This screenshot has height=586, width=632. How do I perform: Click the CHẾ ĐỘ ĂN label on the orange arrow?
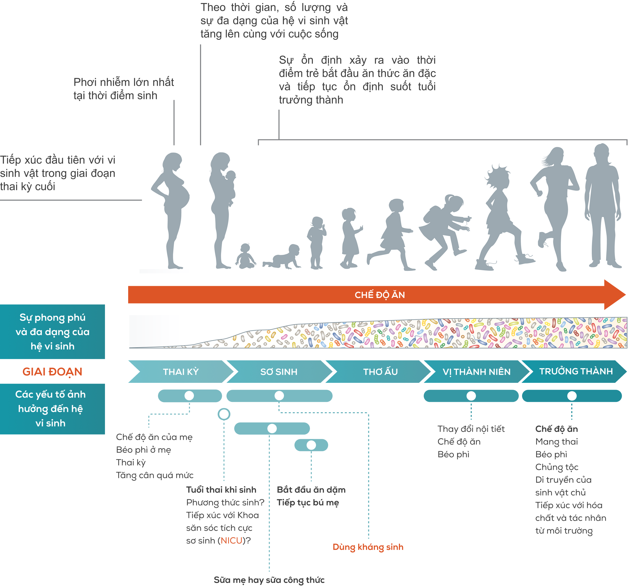pyautogui.click(x=380, y=295)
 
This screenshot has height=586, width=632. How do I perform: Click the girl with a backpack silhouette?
pyautogui.click(x=444, y=228)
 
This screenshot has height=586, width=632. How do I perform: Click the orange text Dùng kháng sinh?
pyautogui.click(x=368, y=547)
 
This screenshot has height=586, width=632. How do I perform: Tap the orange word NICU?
pyautogui.click(x=231, y=540)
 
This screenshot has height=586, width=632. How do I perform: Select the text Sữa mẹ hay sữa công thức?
pyautogui.click(x=269, y=580)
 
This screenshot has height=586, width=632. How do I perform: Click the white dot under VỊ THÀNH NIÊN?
pyautogui.click(x=471, y=396)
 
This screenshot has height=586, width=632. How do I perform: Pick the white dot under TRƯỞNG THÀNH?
pyautogui.click(x=572, y=396)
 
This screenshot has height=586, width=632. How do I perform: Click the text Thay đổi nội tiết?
pyautogui.click(x=471, y=429)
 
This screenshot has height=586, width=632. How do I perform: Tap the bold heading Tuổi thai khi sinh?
pyautogui.click(x=221, y=490)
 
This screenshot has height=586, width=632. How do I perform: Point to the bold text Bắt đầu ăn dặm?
pyautogui.click(x=311, y=490)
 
